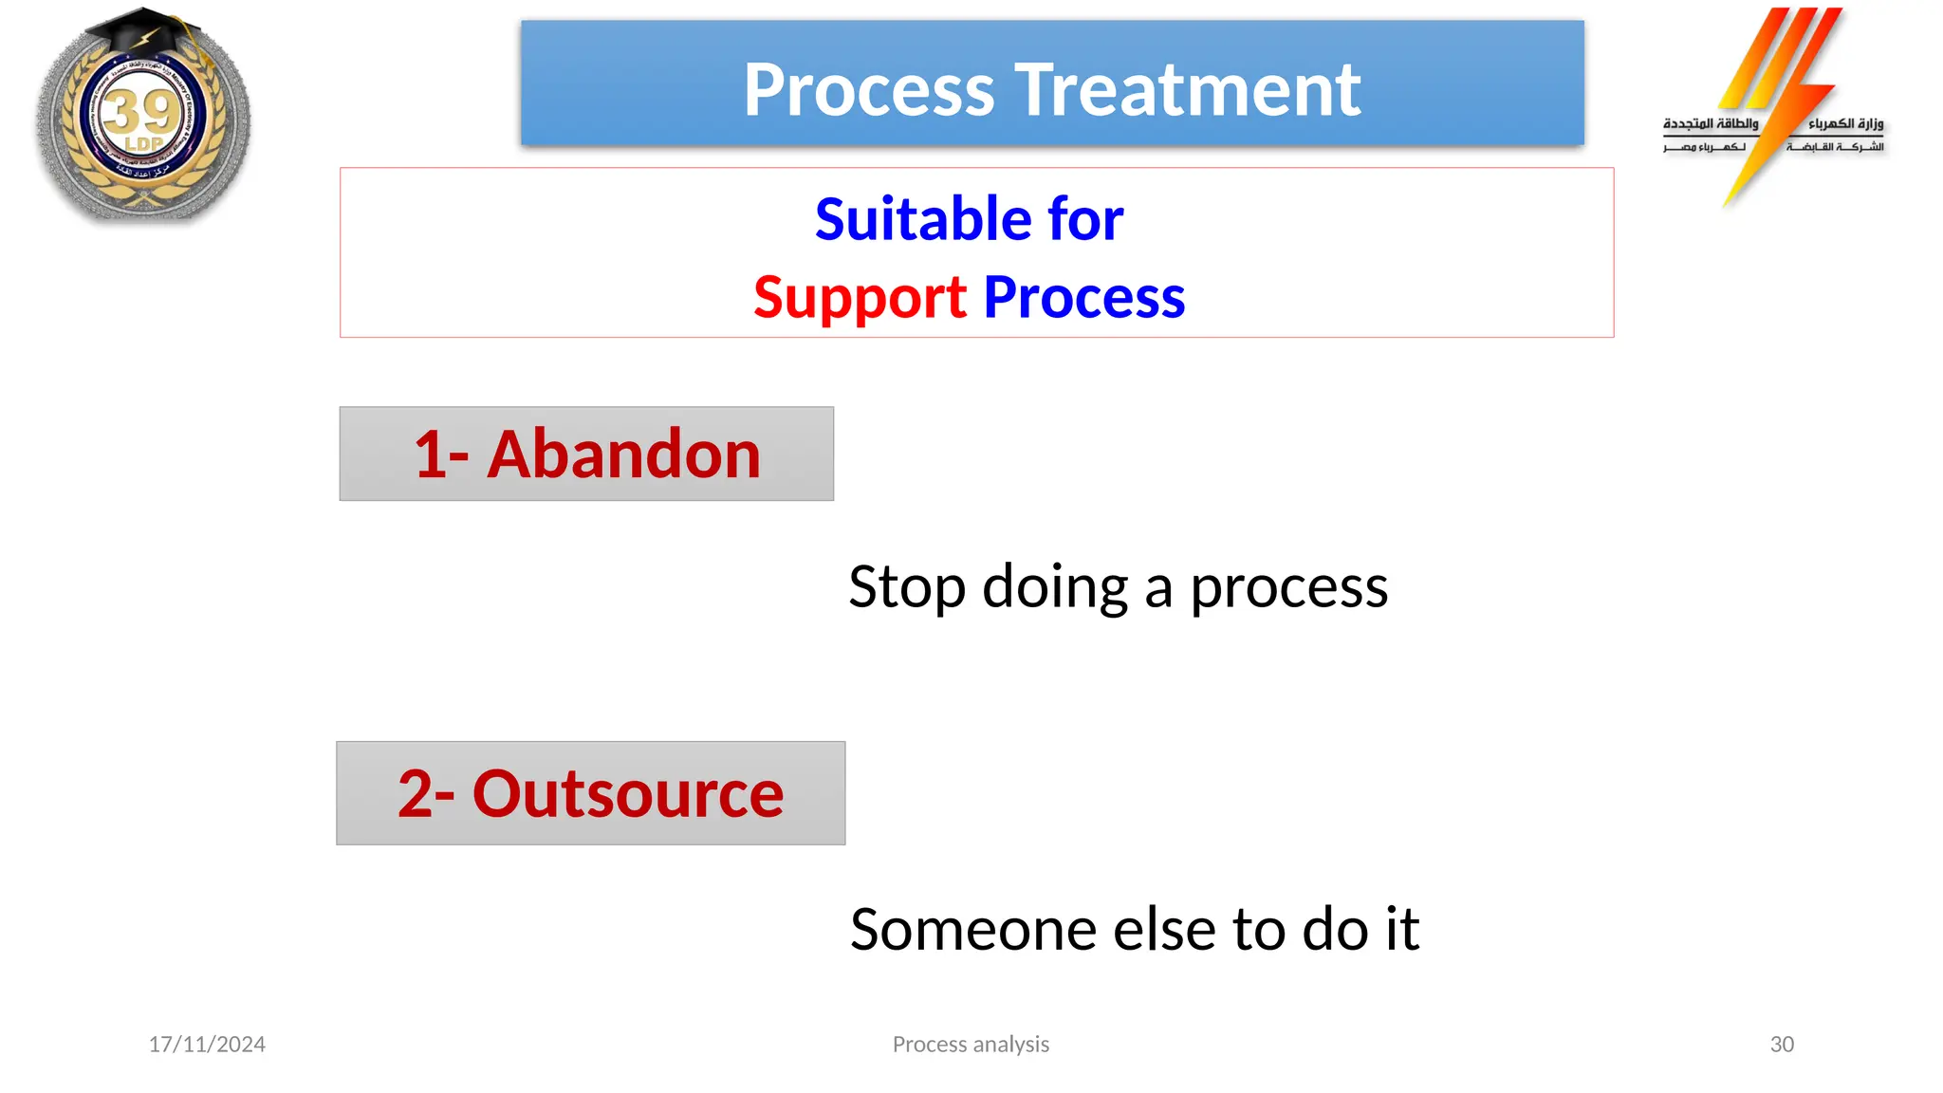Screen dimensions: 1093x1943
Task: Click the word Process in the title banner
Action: [868, 90]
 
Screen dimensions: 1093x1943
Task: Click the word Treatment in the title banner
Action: [1191, 90]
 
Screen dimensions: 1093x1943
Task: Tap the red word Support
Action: [860, 298]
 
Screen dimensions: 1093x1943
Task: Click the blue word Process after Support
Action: [1084, 298]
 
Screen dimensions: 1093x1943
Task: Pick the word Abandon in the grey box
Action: [623, 454]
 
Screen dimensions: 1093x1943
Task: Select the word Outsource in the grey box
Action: [627, 794]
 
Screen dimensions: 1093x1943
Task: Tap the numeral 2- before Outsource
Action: [426, 794]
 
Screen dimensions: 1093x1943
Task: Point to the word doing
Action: [1055, 587]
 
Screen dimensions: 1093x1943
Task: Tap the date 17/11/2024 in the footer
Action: [207, 1045]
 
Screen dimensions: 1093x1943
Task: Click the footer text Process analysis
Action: [971, 1045]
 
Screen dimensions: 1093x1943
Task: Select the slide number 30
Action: [1782, 1045]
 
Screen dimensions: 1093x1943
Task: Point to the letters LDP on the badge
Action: [144, 144]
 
